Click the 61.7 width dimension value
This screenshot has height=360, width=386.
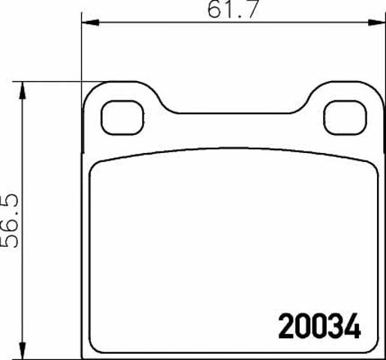[233, 9]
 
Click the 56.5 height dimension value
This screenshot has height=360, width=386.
[10, 220]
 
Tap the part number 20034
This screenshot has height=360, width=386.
[320, 326]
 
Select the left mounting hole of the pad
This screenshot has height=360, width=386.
[122, 118]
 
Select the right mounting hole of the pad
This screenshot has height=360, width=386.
[345, 118]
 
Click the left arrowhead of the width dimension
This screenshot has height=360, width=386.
[91, 22]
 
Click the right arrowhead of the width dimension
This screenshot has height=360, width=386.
[376, 22]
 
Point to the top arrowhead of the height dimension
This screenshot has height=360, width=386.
[23, 91]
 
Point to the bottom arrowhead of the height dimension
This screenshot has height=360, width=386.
[23, 350]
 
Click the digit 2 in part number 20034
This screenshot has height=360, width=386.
[286, 326]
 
